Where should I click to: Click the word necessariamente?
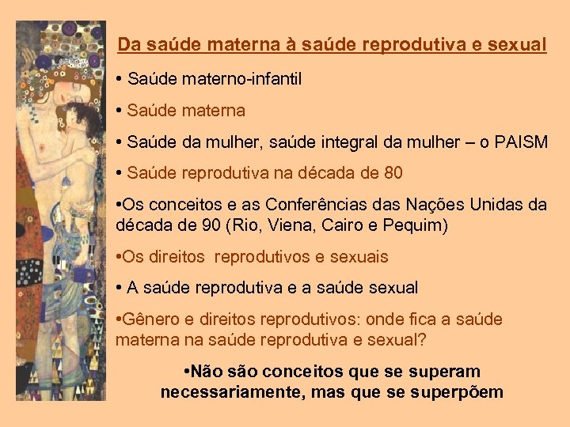click(235, 392)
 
